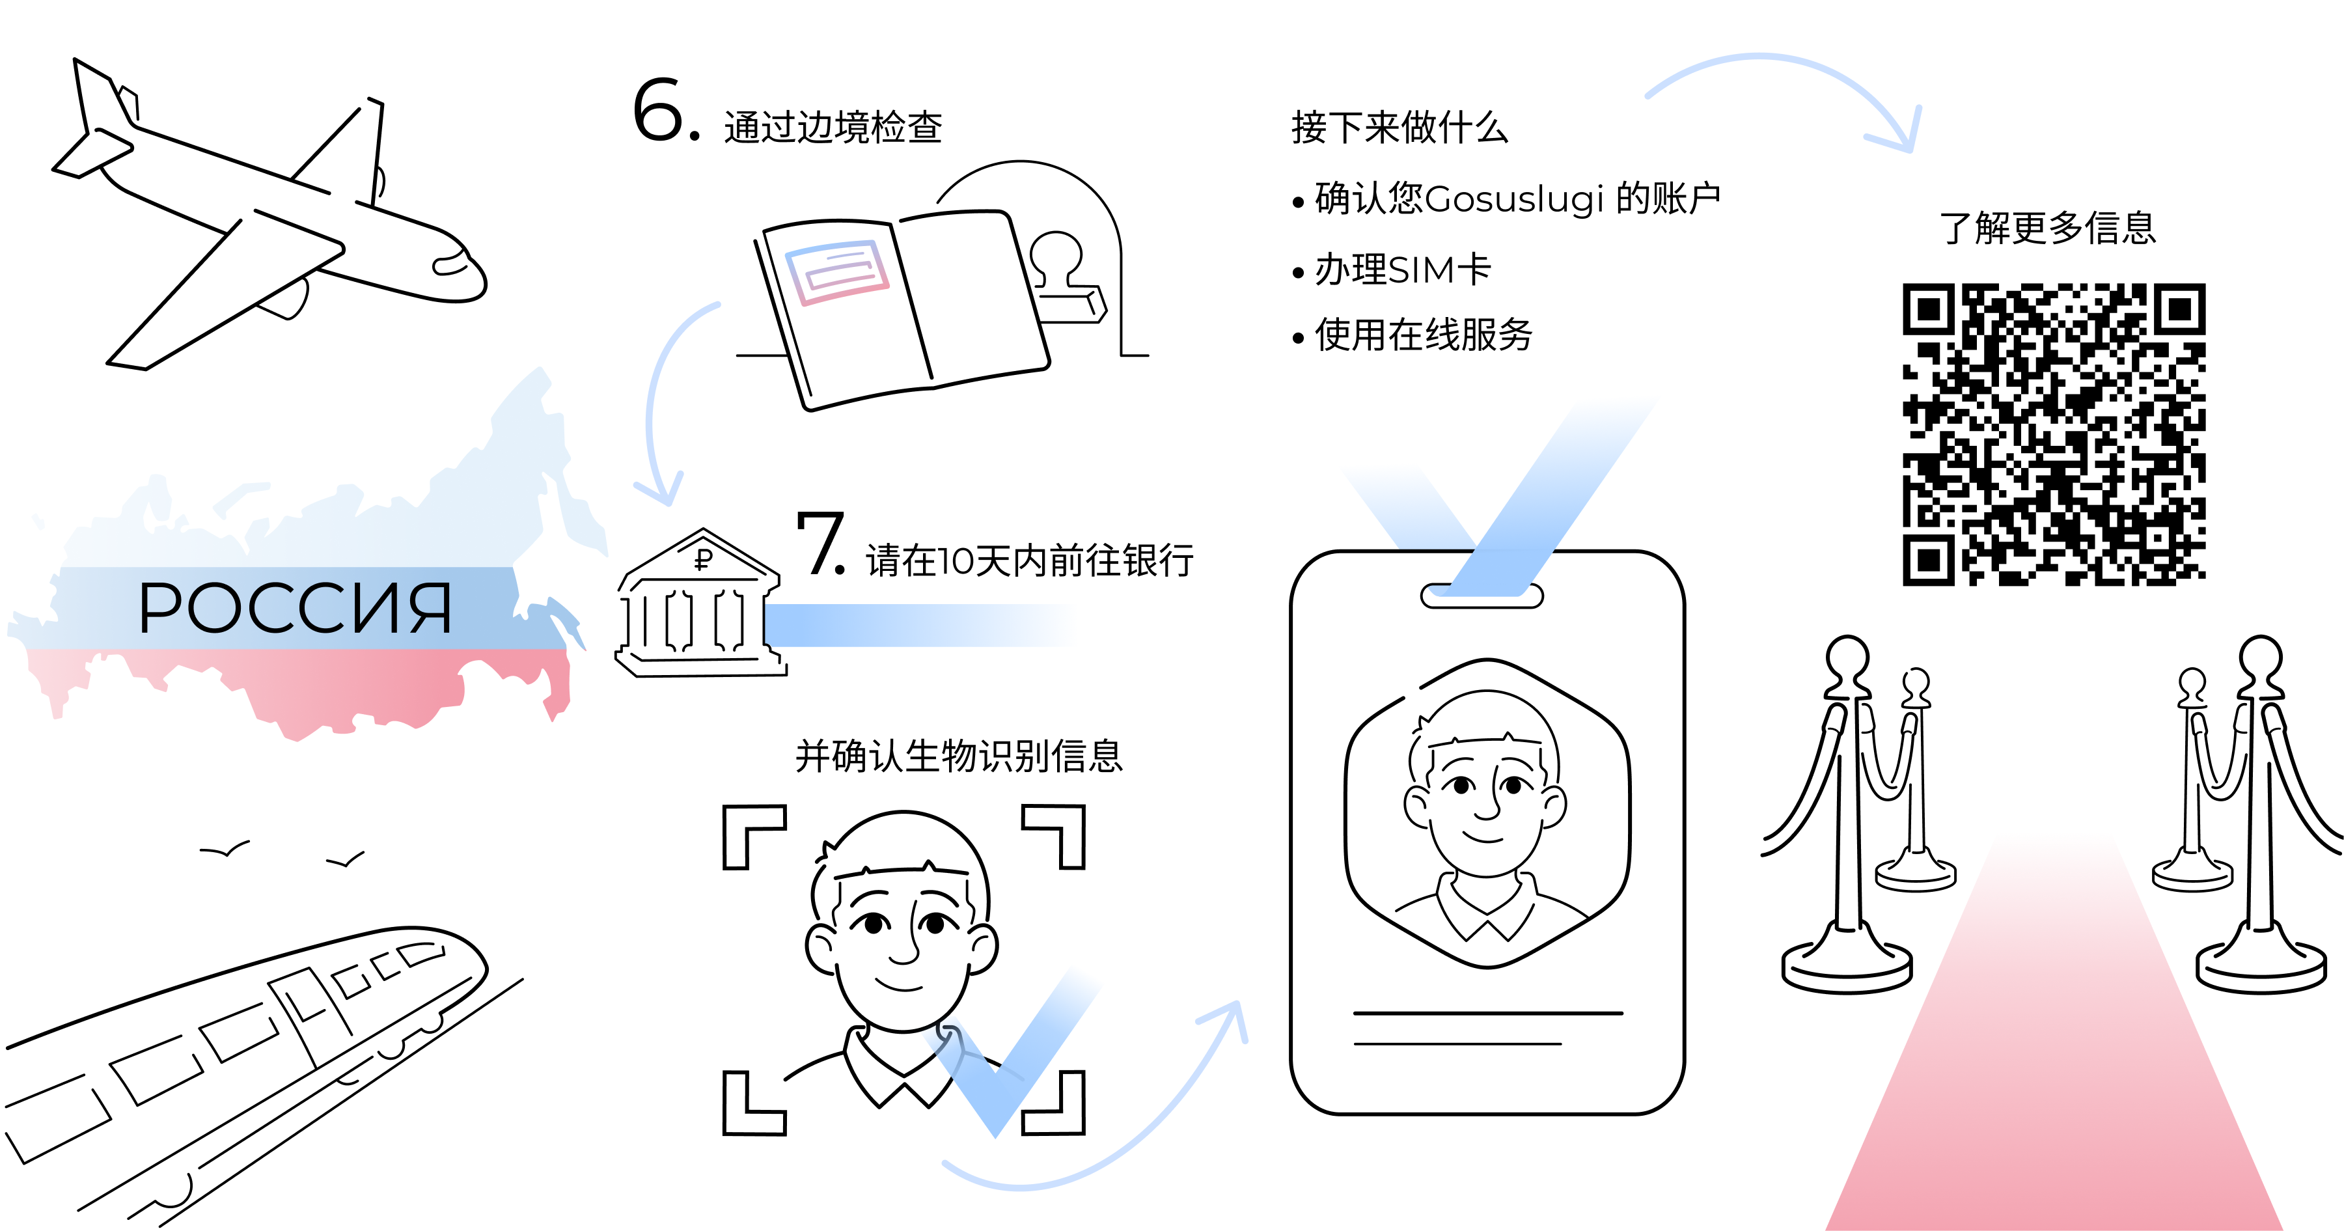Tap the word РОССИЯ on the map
tap(295, 608)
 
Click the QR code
tap(2053, 434)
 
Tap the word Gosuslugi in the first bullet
tap(1514, 199)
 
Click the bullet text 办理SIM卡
tap(1402, 270)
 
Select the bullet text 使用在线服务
tap(1423, 335)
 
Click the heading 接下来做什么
tap(1400, 128)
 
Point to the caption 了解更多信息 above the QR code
tap(2047, 227)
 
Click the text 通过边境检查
tap(833, 128)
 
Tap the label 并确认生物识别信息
tap(959, 756)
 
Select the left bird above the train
tap(224, 851)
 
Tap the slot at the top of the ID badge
tap(1482, 596)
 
